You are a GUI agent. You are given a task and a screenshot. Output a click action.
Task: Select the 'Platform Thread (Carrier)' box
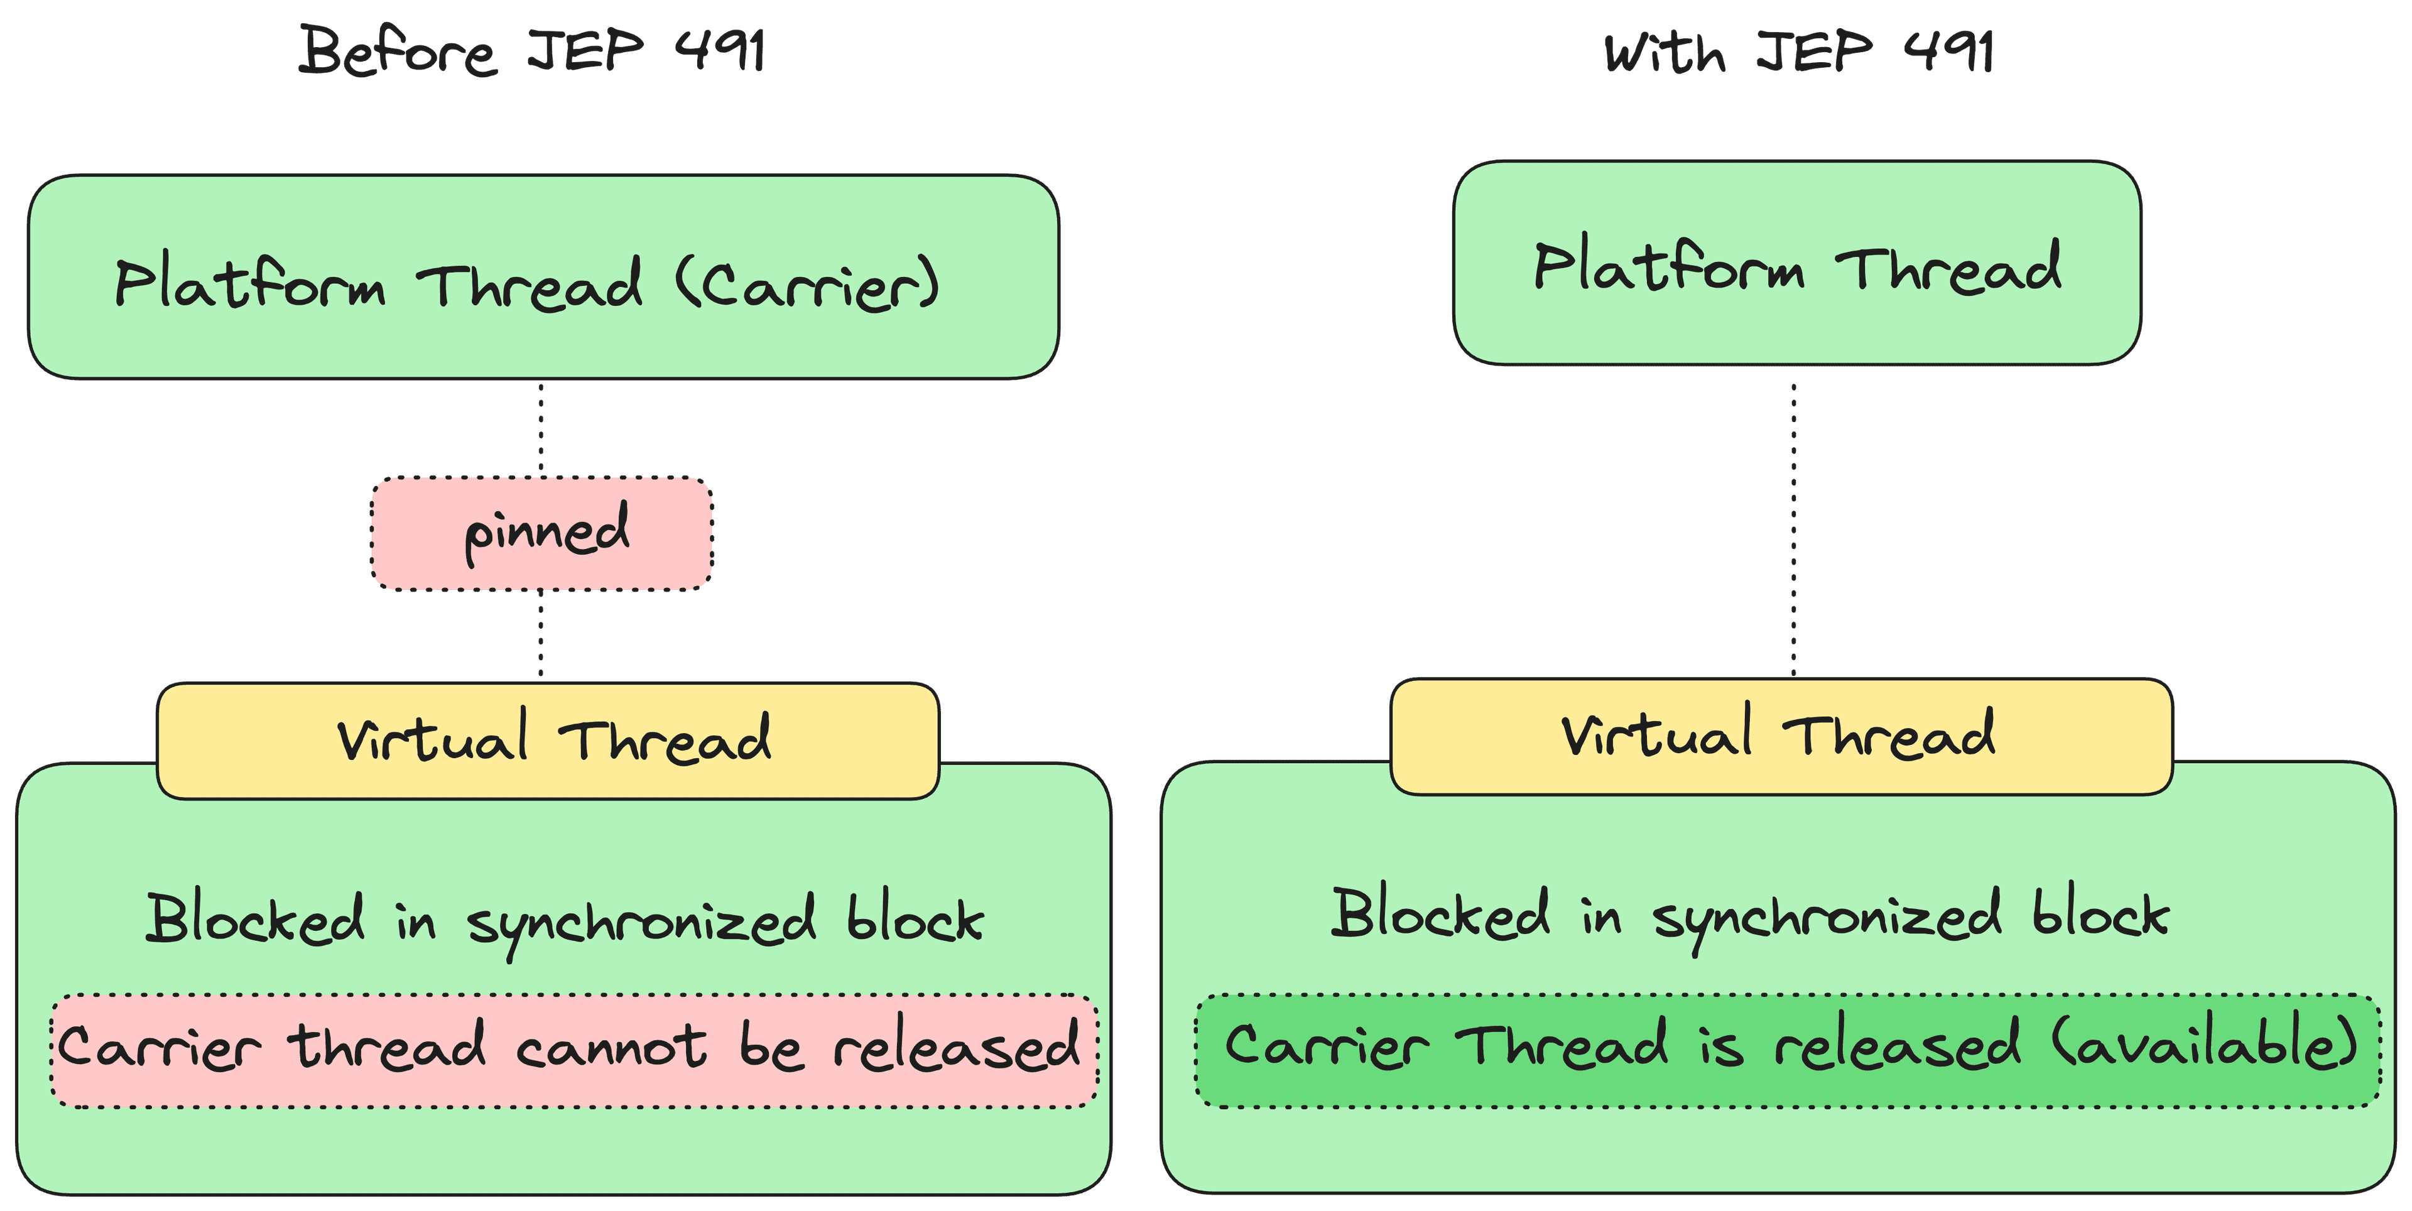[543, 277]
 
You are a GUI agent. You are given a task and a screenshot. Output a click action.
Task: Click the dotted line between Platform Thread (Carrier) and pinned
[541, 428]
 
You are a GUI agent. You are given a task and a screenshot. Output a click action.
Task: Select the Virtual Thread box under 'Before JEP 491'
[548, 740]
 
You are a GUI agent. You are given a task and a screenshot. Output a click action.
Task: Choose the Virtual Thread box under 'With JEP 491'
[1781, 736]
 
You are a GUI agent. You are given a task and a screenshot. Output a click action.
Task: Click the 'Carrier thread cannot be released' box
[575, 1051]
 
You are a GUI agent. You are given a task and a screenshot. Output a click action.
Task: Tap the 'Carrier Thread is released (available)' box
[1788, 1051]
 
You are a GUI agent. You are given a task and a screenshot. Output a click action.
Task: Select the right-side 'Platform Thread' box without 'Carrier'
[1797, 263]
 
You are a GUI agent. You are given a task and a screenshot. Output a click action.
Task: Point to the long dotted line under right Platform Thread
[1794, 529]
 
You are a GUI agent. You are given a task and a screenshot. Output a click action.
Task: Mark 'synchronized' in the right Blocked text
[1827, 921]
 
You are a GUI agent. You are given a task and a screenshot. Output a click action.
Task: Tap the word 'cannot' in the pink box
[611, 1046]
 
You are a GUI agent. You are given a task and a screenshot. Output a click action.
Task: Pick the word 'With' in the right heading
[1664, 53]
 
